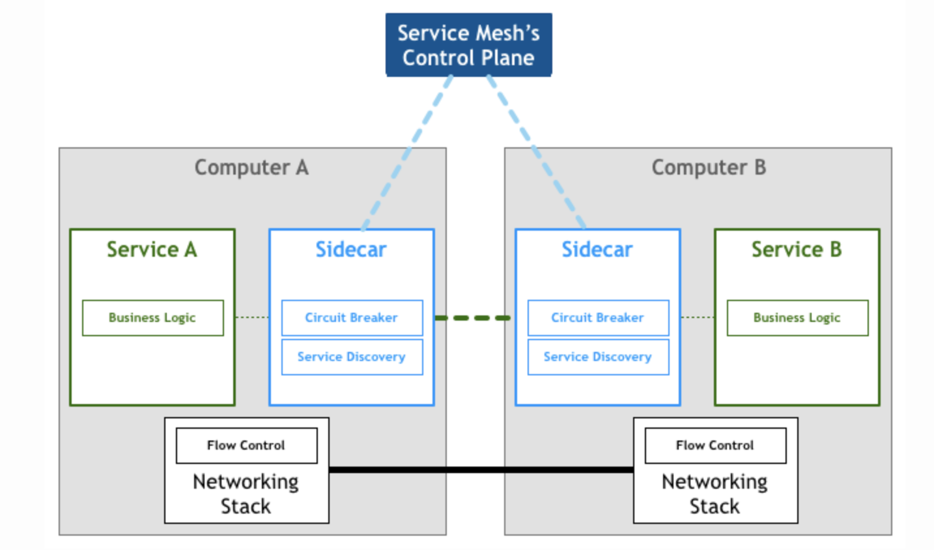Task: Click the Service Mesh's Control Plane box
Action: [468, 45]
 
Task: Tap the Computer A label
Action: [251, 167]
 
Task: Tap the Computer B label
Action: [709, 167]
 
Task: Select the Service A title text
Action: [152, 250]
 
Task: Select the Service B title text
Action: [797, 250]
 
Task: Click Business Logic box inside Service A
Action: [152, 318]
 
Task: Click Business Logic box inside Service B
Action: [797, 318]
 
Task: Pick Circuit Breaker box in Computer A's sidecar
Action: [352, 318]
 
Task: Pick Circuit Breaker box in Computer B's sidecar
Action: [598, 318]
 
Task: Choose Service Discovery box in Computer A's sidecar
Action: [352, 357]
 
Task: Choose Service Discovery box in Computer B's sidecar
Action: [598, 357]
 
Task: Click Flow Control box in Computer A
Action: [246, 446]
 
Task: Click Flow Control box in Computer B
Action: [715, 446]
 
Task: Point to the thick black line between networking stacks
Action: [481, 469]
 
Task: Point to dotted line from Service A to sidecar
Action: [252, 317]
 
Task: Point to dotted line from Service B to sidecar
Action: [698, 317]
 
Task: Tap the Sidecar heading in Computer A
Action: [351, 250]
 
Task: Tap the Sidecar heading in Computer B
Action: [597, 250]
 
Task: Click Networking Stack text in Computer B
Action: [715, 494]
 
